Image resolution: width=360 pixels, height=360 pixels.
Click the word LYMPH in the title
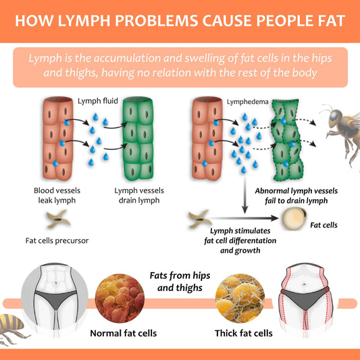click(x=84, y=21)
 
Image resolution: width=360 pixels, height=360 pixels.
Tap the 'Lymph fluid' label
click(x=98, y=101)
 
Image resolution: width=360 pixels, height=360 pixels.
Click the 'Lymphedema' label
click(x=248, y=102)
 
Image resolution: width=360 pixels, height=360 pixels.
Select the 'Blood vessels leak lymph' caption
click(x=57, y=195)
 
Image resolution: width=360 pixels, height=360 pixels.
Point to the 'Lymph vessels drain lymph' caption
click(x=139, y=195)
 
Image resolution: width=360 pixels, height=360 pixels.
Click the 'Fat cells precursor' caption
click(x=57, y=240)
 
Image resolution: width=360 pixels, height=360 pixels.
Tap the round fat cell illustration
click(x=294, y=219)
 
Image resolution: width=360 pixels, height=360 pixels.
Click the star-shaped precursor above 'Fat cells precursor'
click(x=58, y=219)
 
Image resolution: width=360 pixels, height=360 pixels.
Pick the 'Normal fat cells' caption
click(x=124, y=333)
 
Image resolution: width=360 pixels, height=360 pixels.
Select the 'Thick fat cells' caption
click(x=244, y=333)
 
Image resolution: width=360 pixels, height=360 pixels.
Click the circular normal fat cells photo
click(x=120, y=298)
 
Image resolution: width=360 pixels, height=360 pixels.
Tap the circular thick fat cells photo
click(x=240, y=298)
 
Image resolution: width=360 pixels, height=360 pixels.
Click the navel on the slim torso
click(x=56, y=284)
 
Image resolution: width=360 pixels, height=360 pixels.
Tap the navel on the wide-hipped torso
click(x=304, y=284)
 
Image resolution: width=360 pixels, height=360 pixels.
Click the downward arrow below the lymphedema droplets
click(x=245, y=195)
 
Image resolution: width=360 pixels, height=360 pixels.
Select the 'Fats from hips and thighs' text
click(x=180, y=282)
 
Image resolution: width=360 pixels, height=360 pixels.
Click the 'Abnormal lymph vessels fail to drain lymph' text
click(x=297, y=196)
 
